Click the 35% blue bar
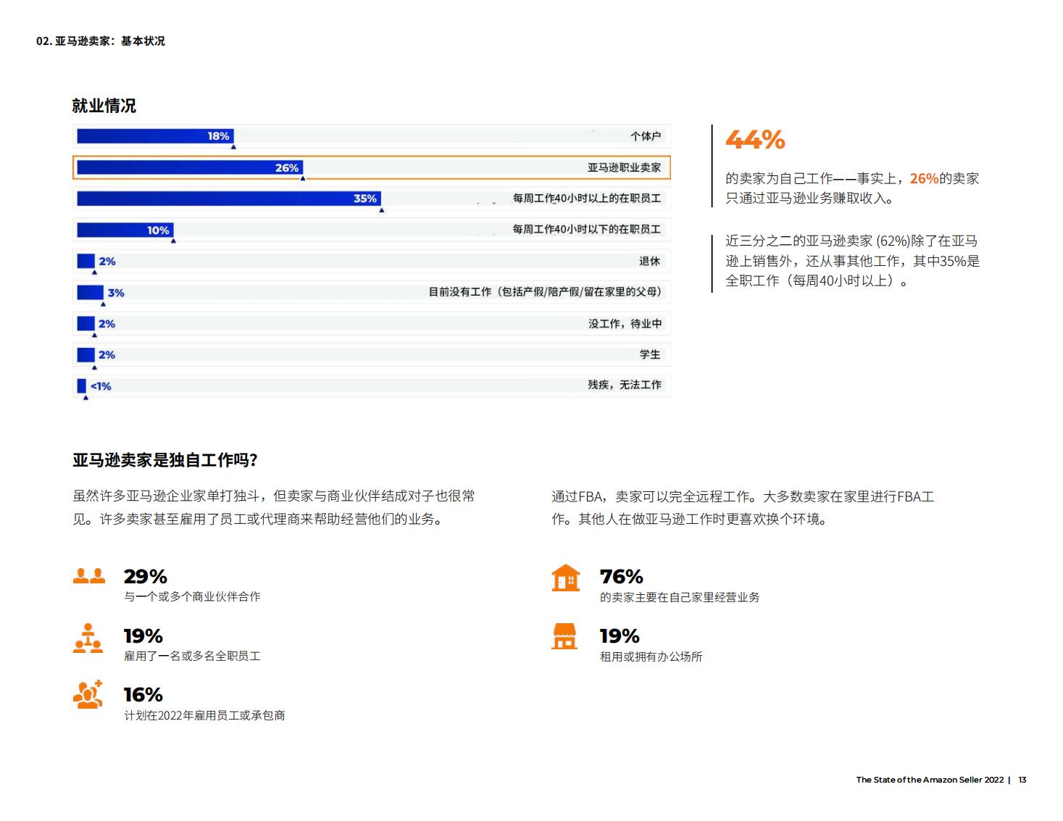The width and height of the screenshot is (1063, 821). (x=228, y=199)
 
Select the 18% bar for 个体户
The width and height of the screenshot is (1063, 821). (x=155, y=136)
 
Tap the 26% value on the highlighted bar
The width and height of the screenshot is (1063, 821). (x=286, y=168)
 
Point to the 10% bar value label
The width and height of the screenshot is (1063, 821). (x=158, y=230)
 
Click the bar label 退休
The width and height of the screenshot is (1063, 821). (x=649, y=262)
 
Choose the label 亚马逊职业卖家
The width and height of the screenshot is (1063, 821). (x=624, y=168)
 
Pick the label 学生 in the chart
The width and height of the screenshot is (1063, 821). (x=649, y=354)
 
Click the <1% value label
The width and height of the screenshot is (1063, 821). (x=101, y=386)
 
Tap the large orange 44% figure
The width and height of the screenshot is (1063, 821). (x=755, y=139)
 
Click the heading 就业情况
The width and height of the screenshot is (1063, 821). (x=104, y=106)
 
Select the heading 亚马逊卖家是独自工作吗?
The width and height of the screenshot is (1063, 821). (x=165, y=460)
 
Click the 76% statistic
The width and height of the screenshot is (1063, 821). (x=621, y=577)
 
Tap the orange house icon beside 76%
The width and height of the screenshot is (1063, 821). (x=565, y=578)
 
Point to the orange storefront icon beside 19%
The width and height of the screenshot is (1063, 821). (x=564, y=636)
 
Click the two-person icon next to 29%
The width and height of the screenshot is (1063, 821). (x=88, y=576)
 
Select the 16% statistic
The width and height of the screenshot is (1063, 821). (x=143, y=695)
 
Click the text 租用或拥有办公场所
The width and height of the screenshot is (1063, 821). (x=651, y=657)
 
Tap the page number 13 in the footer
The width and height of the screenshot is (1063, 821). (x=1022, y=780)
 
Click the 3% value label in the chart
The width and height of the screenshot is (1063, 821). (x=116, y=293)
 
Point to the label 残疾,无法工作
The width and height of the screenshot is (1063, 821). (x=624, y=385)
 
